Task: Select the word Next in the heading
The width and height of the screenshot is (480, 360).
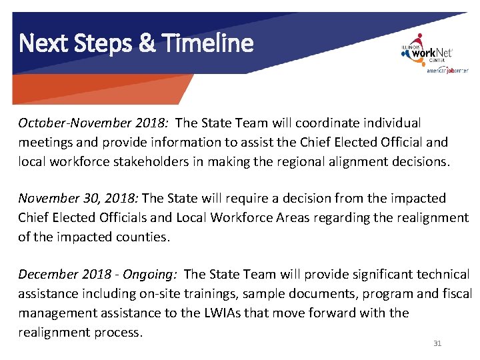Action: coord(41,43)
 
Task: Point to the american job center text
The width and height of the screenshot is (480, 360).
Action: coord(447,70)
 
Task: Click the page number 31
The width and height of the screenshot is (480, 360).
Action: coord(437,343)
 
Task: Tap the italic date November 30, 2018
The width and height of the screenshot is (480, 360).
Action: coord(78,198)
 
